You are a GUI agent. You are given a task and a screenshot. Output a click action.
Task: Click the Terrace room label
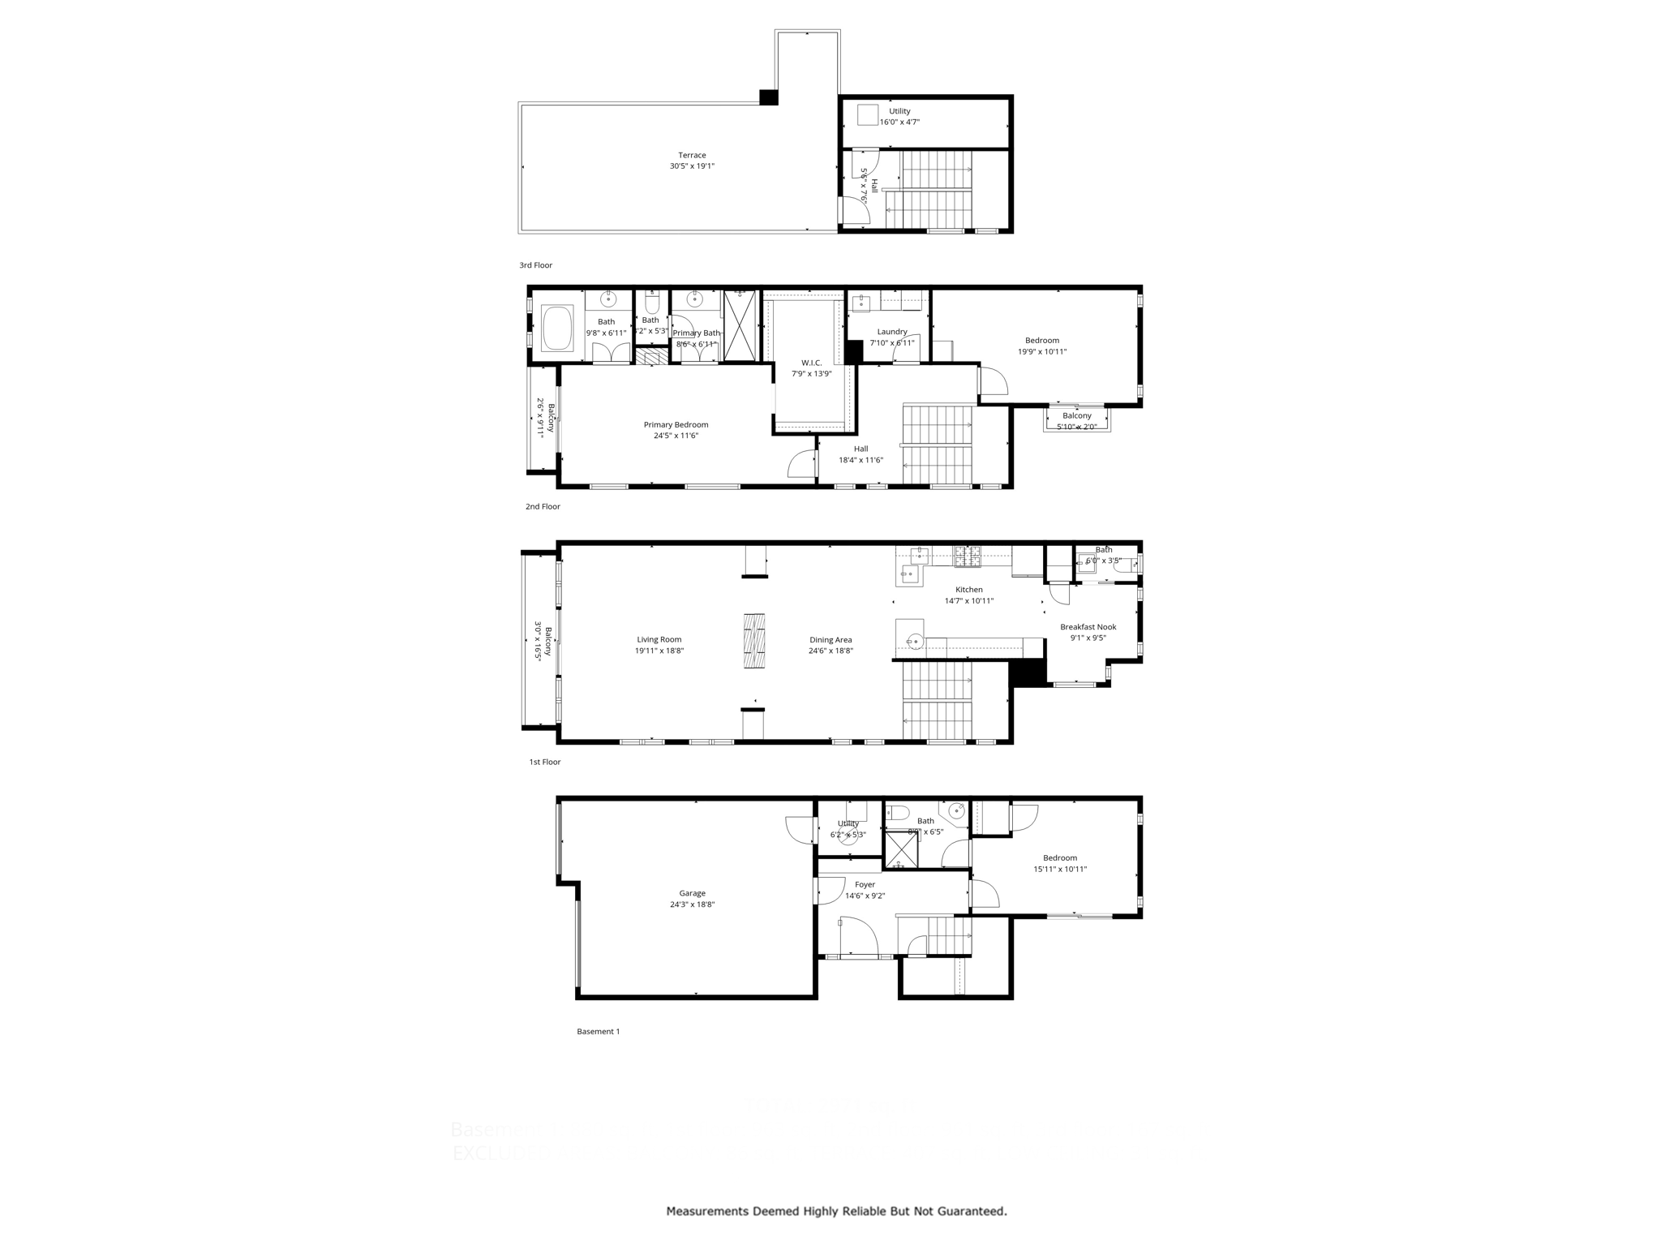pyautogui.click(x=692, y=155)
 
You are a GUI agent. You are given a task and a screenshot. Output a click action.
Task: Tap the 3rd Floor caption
pyautogui.click(x=535, y=265)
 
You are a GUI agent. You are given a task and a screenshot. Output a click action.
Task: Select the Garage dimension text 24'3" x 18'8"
pyautogui.click(x=692, y=904)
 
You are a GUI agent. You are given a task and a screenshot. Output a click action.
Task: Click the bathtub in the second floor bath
pyautogui.click(x=557, y=328)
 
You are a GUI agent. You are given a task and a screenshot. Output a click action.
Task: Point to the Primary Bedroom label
pyautogui.click(x=676, y=424)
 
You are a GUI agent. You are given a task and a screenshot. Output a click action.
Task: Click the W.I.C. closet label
pyautogui.click(x=811, y=363)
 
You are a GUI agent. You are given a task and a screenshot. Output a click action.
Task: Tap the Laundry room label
pyautogui.click(x=891, y=332)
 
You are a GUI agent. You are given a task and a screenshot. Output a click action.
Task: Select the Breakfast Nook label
pyautogui.click(x=1088, y=627)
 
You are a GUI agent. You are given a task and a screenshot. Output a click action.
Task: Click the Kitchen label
pyautogui.click(x=968, y=590)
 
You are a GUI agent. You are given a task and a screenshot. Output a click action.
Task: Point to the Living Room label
pyautogui.click(x=659, y=639)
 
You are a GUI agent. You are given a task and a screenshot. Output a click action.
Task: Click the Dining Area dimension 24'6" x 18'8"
pyautogui.click(x=830, y=651)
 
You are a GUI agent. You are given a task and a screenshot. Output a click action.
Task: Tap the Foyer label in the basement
pyautogui.click(x=865, y=885)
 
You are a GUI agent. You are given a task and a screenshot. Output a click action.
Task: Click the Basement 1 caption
pyautogui.click(x=598, y=1032)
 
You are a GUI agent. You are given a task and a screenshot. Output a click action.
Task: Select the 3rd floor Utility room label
pyautogui.click(x=899, y=111)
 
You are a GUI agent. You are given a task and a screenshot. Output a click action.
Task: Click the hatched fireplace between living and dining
pyautogui.click(x=754, y=641)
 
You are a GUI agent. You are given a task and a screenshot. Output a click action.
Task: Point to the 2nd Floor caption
pyautogui.click(x=543, y=506)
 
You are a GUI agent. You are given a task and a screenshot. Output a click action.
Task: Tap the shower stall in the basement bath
pyautogui.click(x=900, y=849)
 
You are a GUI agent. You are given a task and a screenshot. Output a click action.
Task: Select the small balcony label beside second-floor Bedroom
pyautogui.click(x=1076, y=415)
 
